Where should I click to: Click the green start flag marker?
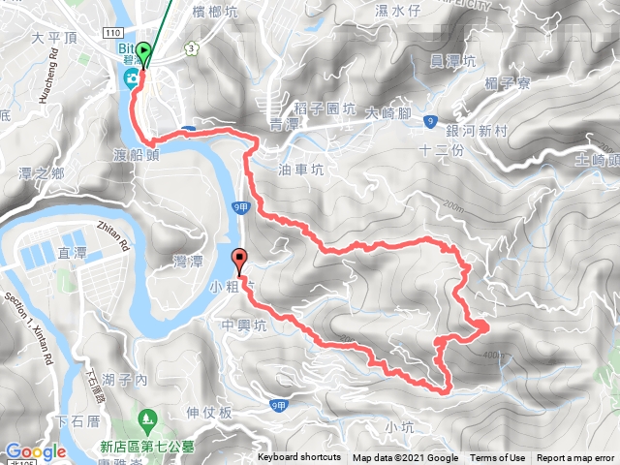(143, 52)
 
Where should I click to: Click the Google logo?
(35, 451)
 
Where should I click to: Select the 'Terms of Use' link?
(498, 458)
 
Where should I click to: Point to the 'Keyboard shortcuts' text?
(299, 458)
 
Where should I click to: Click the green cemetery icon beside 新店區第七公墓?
(147, 418)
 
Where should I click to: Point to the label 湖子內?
(129, 381)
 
